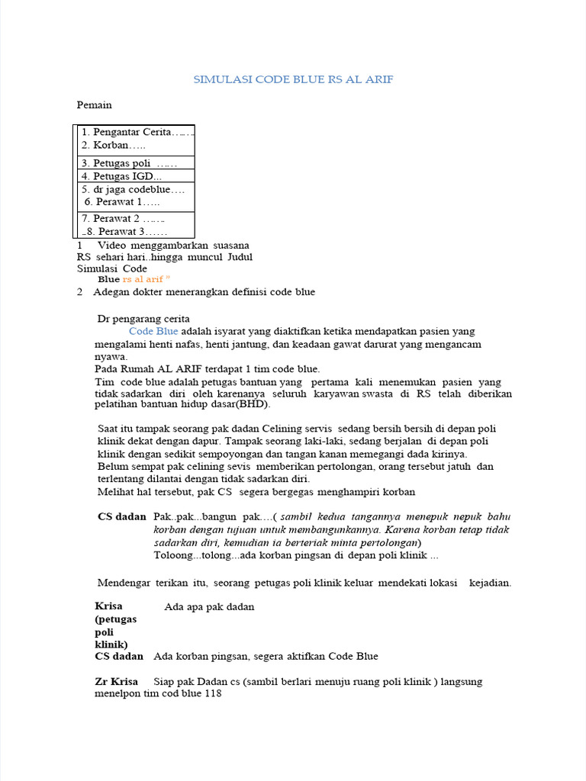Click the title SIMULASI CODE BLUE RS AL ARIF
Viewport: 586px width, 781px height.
[x=294, y=79]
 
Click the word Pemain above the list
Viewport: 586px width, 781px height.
[x=94, y=104]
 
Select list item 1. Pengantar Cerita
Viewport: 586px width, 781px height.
[x=133, y=133]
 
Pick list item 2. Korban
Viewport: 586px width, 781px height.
[x=113, y=145]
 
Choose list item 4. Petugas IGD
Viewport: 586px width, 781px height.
[x=121, y=176]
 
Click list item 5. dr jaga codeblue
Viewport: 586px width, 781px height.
[x=133, y=189]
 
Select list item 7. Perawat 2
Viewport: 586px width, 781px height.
[x=123, y=218]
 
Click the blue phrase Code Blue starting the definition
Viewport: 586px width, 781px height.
[x=153, y=332]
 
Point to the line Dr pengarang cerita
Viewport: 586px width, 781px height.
[x=143, y=318]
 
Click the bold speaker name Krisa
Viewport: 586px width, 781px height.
[x=109, y=606]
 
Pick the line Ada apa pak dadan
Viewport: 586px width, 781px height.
[x=209, y=607]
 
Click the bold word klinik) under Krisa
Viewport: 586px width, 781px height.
[x=111, y=644]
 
